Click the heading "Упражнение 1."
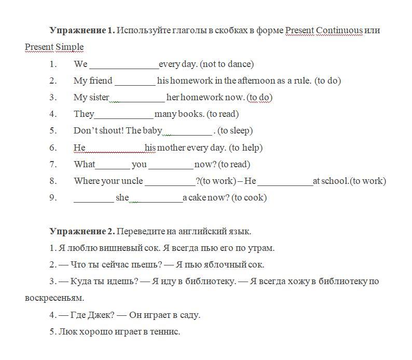click(x=82, y=30)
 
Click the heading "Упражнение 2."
click(x=82, y=231)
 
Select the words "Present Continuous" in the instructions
click(x=324, y=30)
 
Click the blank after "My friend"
click(x=135, y=81)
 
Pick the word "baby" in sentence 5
click(x=153, y=130)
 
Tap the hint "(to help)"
click(x=246, y=148)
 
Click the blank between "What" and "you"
click(x=113, y=165)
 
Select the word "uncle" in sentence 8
click(x=132, y=181)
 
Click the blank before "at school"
click(x=285, y=181)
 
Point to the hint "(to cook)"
click(x=249, y=197)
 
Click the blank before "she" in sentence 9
click(x=93, y=198)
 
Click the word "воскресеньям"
click(x=54, y=298)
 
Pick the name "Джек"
click(x=101, y=315)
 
